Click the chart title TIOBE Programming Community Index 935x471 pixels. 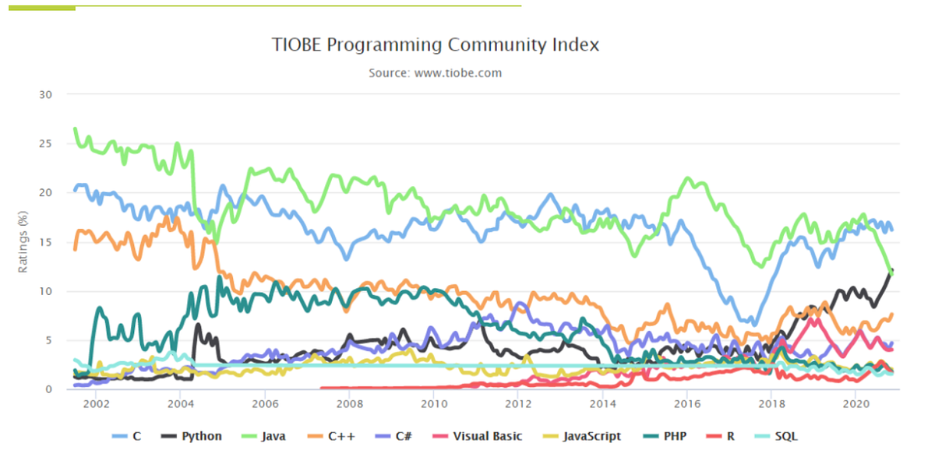(436, 44)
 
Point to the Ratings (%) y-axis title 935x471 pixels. (23, 241)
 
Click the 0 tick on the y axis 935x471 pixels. (48, 389)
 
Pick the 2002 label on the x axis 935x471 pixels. (96, 405)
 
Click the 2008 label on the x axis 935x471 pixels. (349, 405)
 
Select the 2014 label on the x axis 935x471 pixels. (602, 405)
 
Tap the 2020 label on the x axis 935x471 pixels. (856, 405)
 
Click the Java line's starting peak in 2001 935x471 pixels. (75, 128)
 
